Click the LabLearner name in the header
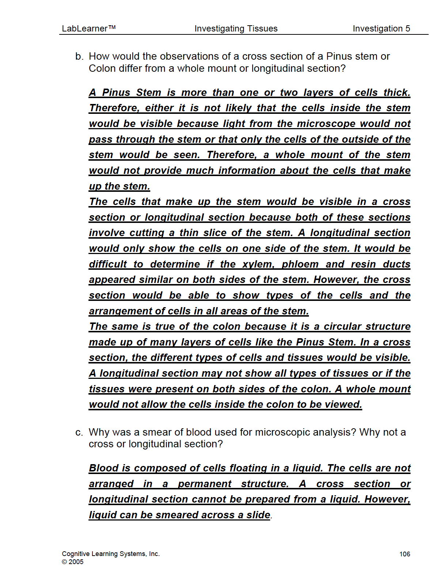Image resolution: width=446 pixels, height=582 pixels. point(88,29)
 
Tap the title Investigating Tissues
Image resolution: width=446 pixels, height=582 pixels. point(236,29)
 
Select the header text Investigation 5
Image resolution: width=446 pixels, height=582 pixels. point(381,29)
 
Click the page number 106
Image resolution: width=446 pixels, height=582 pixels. point(405,554)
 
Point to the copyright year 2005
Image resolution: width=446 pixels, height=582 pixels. point(76,562)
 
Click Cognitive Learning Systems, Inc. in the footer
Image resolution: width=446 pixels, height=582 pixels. point(111,554)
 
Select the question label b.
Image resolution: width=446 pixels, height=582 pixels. point(79,56)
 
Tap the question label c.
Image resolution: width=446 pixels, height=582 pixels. point(79,432)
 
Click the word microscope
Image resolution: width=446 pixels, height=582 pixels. point(326,124)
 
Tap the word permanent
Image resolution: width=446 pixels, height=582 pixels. point(204,484)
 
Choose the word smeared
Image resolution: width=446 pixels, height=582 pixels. point(177,515)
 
